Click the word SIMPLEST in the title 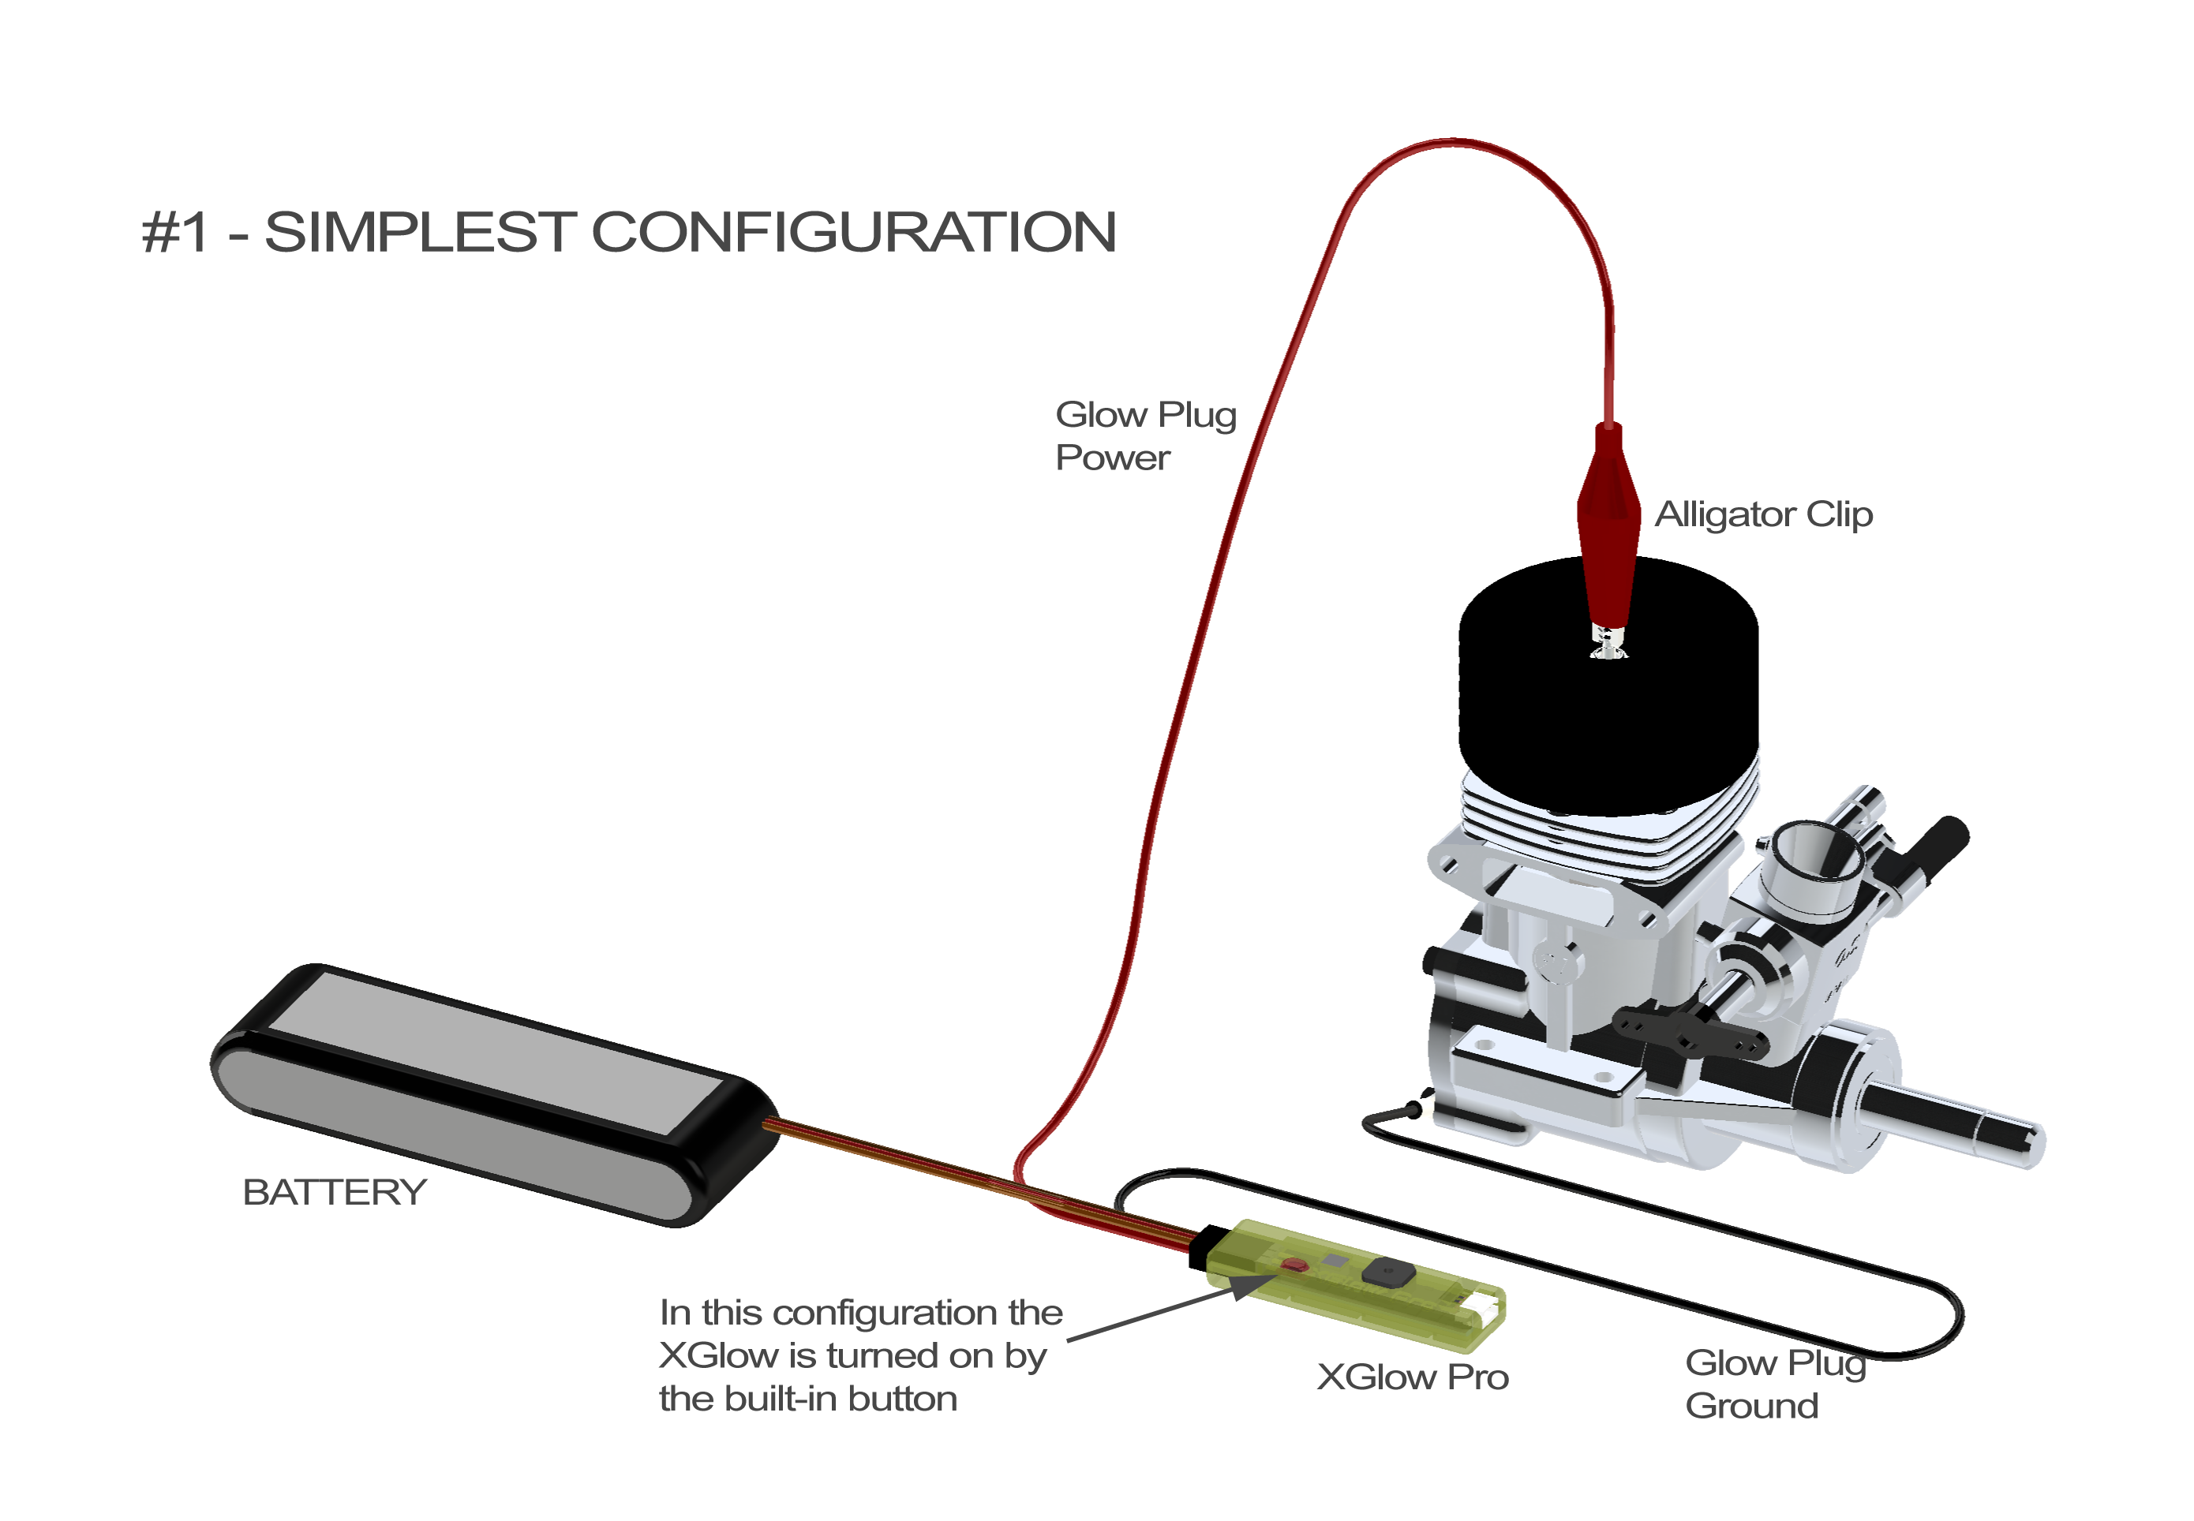pyautogui.click(x=419, y=232)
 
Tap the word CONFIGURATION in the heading pyautogui.click(x=853, y=232)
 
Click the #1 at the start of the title pyautogui.click(x=175, y=232)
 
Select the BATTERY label pyautogui.click(x=335, y=1192)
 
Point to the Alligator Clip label pyautogui.click(x=1763, y=514)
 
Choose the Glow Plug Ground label pyautogui.click(x=1773, y=1384)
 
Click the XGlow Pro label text pyautogui.click(x=1413, y=1377)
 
